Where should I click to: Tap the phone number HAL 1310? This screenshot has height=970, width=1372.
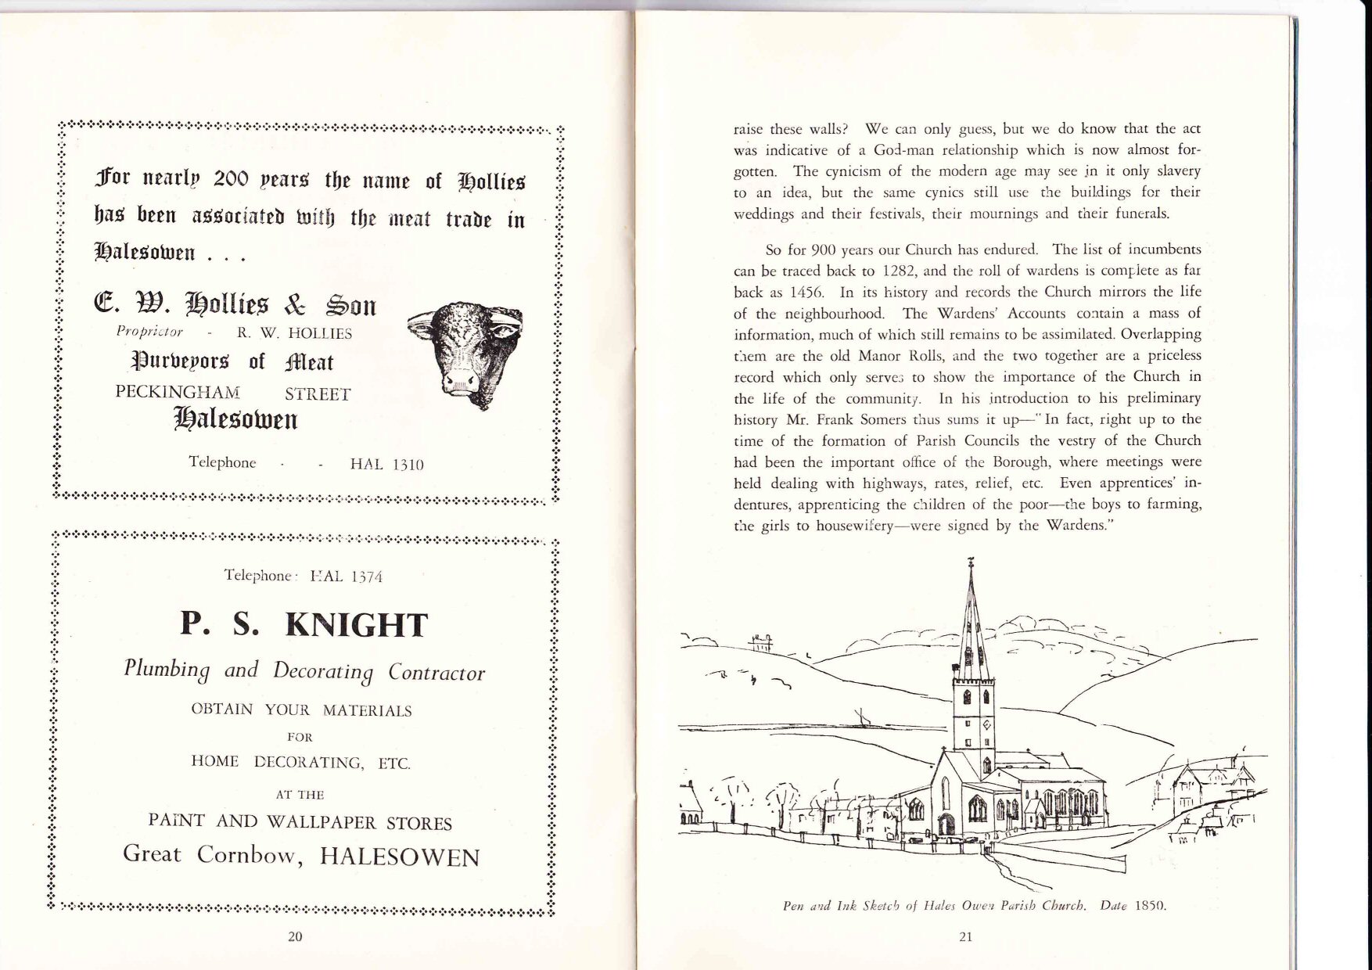(x=386, y=465)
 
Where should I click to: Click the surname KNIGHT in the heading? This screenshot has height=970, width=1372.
(x=357, y=626)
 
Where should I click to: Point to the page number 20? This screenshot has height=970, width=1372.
(x=295, y=937)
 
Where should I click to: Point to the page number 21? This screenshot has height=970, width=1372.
(x=964, y=937)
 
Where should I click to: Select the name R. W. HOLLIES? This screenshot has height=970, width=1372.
(x=294, y=334)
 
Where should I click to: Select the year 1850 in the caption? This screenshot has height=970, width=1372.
(x=1150, y=907)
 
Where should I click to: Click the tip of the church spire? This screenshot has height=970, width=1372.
(x=971, y=562)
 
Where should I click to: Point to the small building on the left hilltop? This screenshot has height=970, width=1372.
(x=760, y=643)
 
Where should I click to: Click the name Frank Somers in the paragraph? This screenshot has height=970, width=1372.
(x=859, y=419)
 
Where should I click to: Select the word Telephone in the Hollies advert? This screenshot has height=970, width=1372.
(x=222, y=462)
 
